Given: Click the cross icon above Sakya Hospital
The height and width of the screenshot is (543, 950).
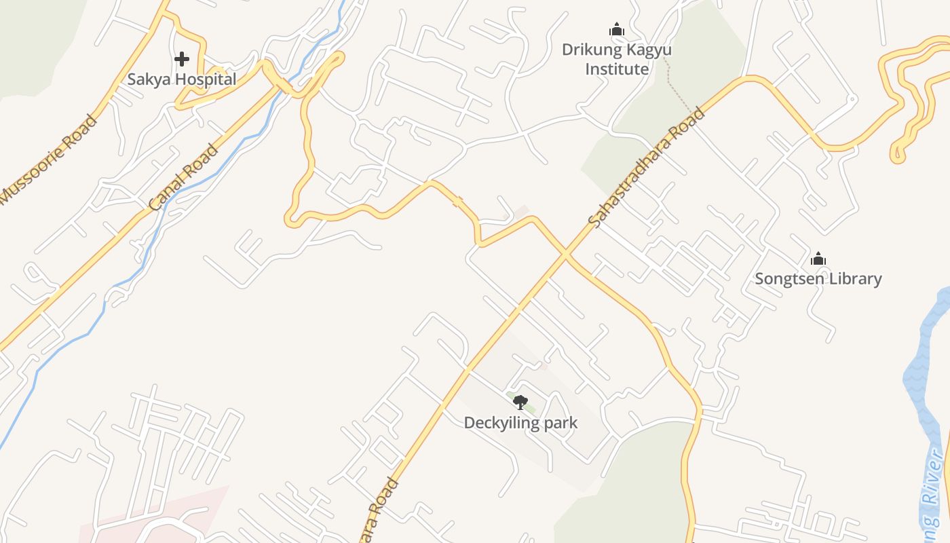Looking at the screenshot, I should coord(181,59).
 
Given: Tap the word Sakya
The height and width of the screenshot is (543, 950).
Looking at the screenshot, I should coord(148,79).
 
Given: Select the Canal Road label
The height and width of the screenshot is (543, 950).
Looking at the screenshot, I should coord(183,176).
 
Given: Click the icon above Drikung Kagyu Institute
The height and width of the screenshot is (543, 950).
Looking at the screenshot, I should coord(616,29).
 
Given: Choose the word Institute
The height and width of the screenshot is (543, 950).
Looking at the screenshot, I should coord(617,69).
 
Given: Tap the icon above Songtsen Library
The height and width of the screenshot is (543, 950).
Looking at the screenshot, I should coord(818,259).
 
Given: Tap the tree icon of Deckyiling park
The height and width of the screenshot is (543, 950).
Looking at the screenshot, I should coord(520,402).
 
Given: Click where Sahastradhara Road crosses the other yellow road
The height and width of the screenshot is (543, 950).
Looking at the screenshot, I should coord(566,254).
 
